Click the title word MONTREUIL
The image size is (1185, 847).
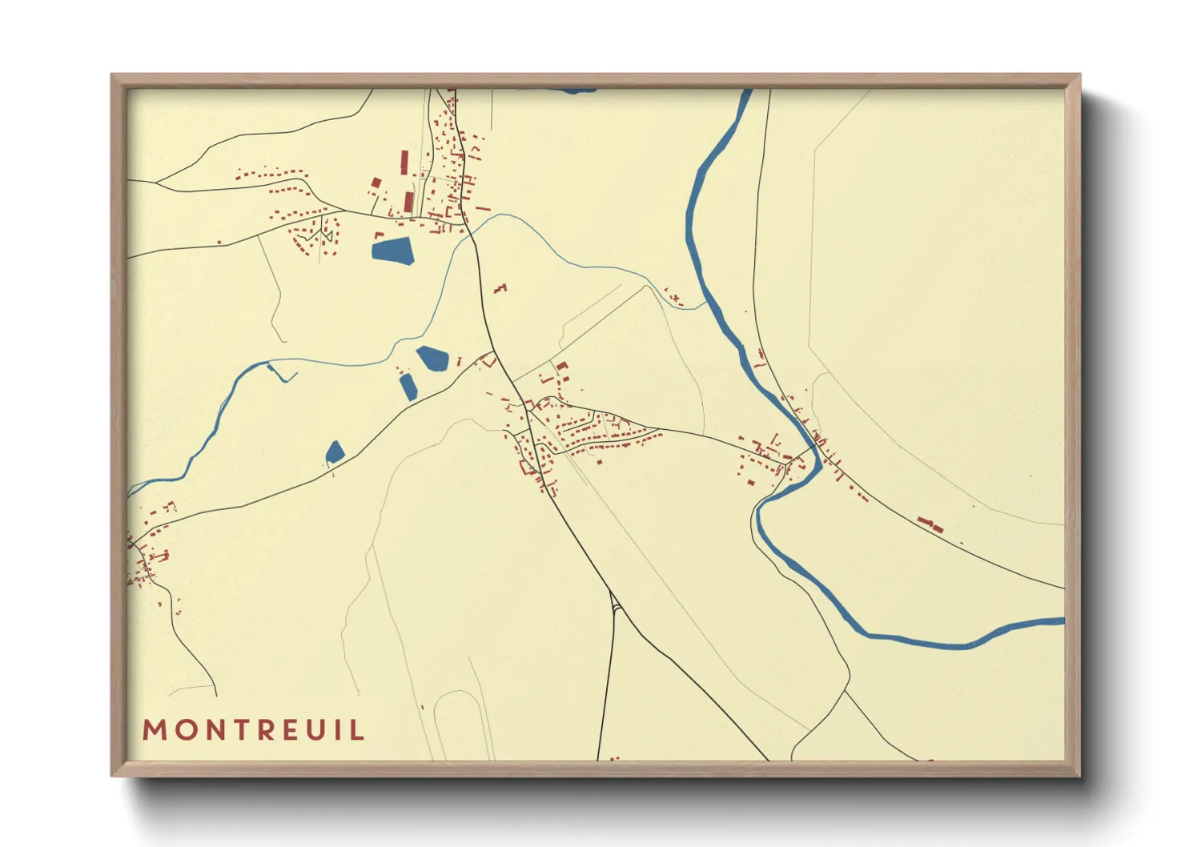253,730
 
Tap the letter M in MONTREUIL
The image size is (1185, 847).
154,730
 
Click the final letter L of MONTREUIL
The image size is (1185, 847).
358,730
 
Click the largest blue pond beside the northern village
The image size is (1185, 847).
393,251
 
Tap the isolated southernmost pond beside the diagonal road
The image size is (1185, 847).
335,452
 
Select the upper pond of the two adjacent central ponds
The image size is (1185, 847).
432,357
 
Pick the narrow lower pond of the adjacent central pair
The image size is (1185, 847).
408,387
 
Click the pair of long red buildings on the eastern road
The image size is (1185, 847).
930,525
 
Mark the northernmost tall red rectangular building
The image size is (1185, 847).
404,163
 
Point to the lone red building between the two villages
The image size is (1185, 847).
501,287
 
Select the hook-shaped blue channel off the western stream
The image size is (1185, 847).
279,373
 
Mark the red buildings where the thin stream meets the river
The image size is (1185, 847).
675,299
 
